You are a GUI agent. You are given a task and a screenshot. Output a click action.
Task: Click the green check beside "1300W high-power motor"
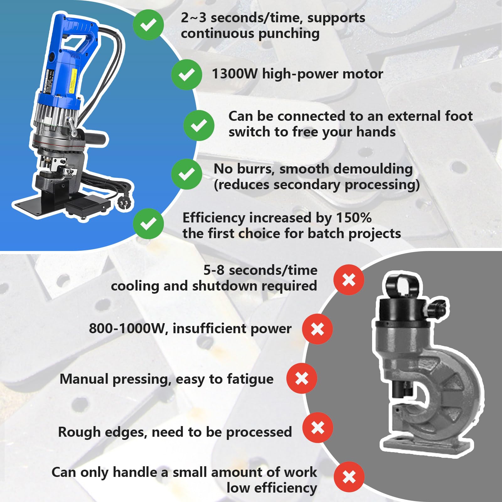[186, 75]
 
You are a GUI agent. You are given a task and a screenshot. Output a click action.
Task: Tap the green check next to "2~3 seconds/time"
[148, 25]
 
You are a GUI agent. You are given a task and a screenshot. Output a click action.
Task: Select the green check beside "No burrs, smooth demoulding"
[186, 174]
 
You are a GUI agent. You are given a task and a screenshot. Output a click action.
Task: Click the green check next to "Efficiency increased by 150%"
[148, 224]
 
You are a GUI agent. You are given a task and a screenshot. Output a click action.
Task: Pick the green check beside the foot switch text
[199, 125]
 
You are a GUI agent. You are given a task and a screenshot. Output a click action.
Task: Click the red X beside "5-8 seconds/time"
[349, 280]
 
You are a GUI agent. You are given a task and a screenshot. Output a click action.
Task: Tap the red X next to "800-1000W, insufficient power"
[318, 329]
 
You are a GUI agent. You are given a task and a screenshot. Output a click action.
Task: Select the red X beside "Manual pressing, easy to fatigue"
[302, 378]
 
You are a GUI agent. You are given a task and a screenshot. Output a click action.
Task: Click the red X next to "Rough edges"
[318, 428]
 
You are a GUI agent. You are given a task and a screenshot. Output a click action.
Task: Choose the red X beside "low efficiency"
[349, 477]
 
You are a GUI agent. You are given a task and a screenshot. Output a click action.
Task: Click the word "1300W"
[235, 74]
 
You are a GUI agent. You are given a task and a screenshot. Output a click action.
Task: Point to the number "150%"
[354, 217]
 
